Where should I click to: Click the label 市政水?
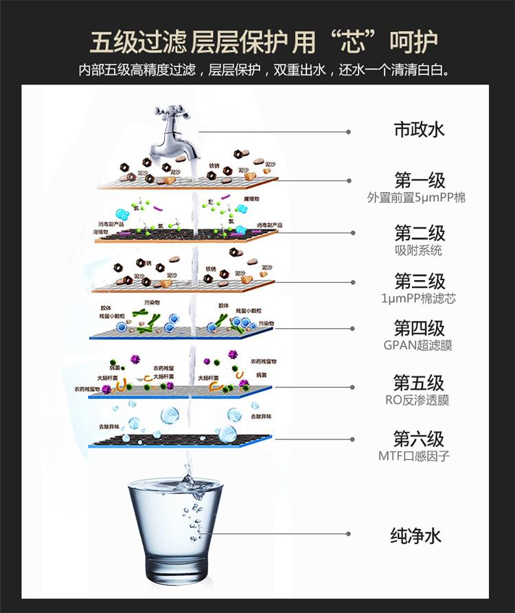point(419,130)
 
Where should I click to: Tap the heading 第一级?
point(419,181)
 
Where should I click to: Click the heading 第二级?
point(419,233)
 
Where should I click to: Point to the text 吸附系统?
point(419,250)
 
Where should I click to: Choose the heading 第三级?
point(419,281)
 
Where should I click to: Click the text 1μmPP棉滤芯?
point(418,299)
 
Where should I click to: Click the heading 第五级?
point(419,383)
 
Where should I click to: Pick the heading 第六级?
point(419,439)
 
